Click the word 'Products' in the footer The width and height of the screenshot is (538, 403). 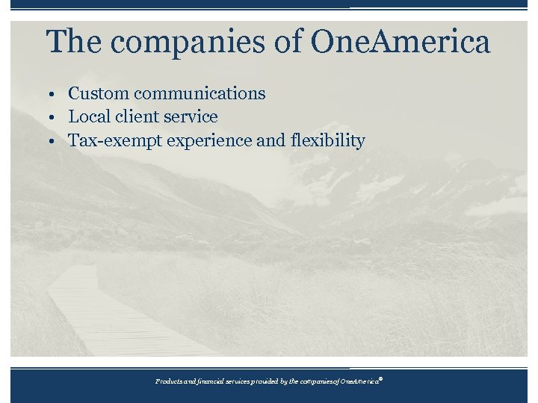pyautogui.click(x=168, y=381)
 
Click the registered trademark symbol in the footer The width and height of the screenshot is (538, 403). pyautogui.click(x=380, y=378)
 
